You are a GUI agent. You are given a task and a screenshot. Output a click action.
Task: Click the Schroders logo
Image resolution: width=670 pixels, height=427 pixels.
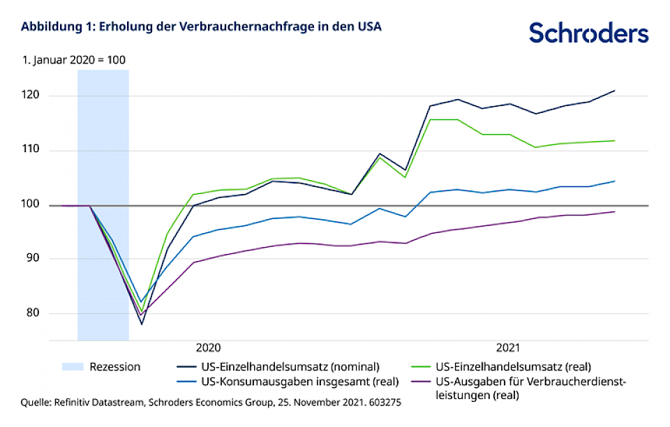[588, 33]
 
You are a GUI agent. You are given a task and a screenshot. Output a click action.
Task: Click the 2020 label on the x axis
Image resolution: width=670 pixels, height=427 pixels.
[208, 347]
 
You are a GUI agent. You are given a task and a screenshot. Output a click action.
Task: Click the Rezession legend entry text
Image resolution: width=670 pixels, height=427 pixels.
[115, 366]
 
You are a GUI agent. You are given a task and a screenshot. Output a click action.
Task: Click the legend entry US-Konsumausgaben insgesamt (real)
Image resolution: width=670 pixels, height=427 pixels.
[290, 381]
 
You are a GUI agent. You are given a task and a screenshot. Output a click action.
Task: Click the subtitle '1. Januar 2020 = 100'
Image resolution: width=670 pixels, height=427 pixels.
[73, 60]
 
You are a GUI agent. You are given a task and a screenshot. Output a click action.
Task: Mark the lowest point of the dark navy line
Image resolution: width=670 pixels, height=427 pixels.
[142, 324]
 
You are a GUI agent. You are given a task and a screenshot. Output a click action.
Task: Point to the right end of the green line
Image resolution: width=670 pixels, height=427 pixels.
[614, 141]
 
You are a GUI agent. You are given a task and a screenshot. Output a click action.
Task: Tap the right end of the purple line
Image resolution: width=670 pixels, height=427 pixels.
[614, 211]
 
